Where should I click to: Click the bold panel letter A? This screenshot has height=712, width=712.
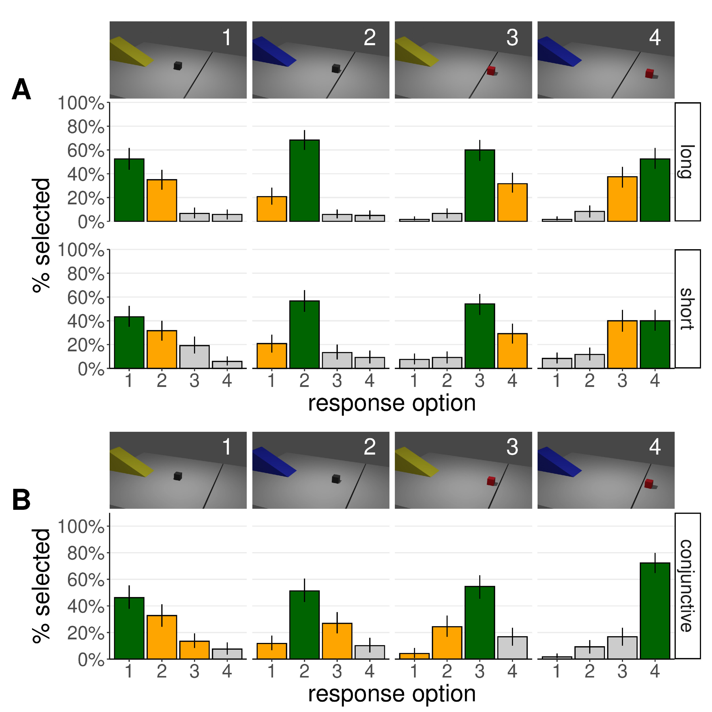pos(21,90)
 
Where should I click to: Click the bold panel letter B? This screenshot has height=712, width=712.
pos(21,500)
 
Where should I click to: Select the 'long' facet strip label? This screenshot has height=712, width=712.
pos(687,162)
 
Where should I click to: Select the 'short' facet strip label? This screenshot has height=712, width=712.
pos(687,309)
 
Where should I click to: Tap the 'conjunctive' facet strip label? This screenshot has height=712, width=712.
pos(687,586)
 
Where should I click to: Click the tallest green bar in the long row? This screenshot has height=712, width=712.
pos(304,180)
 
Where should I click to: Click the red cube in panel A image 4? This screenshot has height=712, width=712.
pos(649,73)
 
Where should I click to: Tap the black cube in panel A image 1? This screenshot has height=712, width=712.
pos(178,66)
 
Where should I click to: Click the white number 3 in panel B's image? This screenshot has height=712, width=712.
pos(512,447)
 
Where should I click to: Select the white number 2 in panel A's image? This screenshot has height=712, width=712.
pos(370,38)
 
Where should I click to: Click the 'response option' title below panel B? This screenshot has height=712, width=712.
pos(392,693)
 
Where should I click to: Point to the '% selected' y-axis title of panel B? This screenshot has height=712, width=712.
pos(41,586)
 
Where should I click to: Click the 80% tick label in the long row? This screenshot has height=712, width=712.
pos(85,127)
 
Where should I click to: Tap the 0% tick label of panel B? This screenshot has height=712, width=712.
pos(91,660)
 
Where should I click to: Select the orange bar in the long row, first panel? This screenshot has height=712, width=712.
pos(162,200)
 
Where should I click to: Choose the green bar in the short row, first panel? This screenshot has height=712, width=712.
pos(129,342)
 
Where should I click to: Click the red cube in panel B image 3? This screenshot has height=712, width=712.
pos(491,481)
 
